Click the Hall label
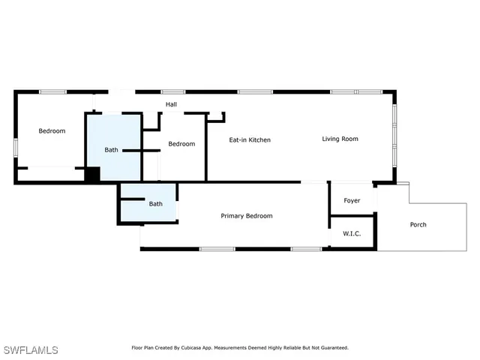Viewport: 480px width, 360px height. click(171, 104)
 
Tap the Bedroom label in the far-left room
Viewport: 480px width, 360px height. click(52, 131)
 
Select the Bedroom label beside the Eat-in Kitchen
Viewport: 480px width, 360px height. click(181, 144)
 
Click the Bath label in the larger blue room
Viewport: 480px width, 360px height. click(111, 150)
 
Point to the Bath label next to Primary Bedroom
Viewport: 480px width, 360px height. click(155, 204)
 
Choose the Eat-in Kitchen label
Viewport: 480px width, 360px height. click(250, 140)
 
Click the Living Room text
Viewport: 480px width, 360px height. click(340, 139)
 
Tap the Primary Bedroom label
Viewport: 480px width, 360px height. click(246, 216)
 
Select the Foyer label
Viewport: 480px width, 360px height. click(352, 201)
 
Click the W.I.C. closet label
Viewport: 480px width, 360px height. click(352, 234)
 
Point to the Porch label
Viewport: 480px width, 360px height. click(418, 225)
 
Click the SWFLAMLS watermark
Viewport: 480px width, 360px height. click(31, 350)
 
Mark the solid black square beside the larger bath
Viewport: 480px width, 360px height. click(92, 175)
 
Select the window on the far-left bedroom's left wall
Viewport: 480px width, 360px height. click(15, 148)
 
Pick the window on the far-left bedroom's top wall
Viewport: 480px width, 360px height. click(52, 91)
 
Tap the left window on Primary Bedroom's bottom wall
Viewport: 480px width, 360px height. click(217, 249)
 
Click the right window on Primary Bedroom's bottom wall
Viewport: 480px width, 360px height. click(306, 249)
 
